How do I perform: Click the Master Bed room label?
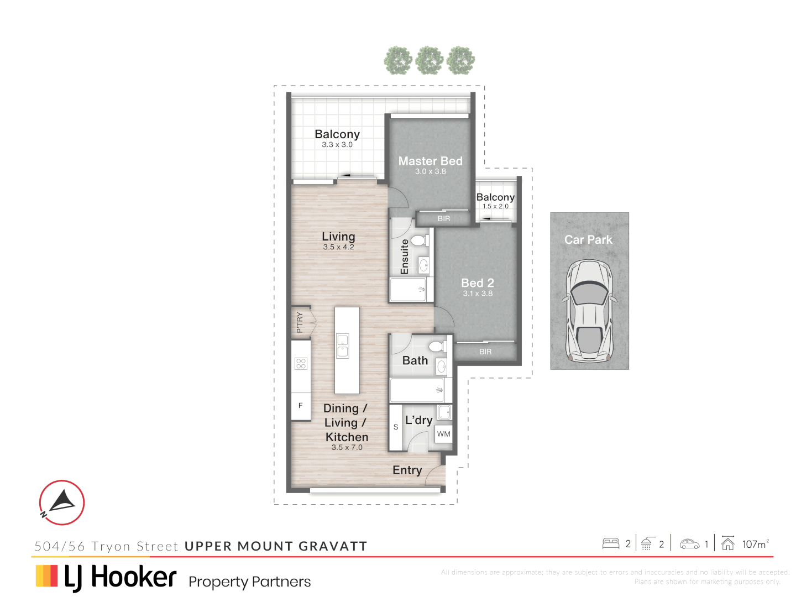tap(430, 161)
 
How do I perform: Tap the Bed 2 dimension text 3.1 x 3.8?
tap(478, 294)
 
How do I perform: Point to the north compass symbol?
tap(62, 502)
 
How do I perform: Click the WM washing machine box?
tap(443, 434)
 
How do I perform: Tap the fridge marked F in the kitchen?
tap(301, 406)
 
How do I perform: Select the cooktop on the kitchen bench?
tap(301, 363)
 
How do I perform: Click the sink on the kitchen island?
tap(343, 345)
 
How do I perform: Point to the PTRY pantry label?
tap(300, 322)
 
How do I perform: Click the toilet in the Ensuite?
tap(419, 240)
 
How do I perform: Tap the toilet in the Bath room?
tap(437, 347)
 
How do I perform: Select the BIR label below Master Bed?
tap(444, 219)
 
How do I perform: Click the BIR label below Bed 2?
tap(485, 352)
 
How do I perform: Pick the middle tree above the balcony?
tap(430, 61)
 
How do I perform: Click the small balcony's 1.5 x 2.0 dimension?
tap(495, 206)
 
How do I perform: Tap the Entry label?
tap(407, 470)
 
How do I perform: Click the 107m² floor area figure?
tap(755, 544)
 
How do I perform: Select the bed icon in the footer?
tap(611, 543)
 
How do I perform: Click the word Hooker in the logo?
tap(134, 577)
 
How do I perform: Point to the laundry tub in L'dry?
tap(444, 412)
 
